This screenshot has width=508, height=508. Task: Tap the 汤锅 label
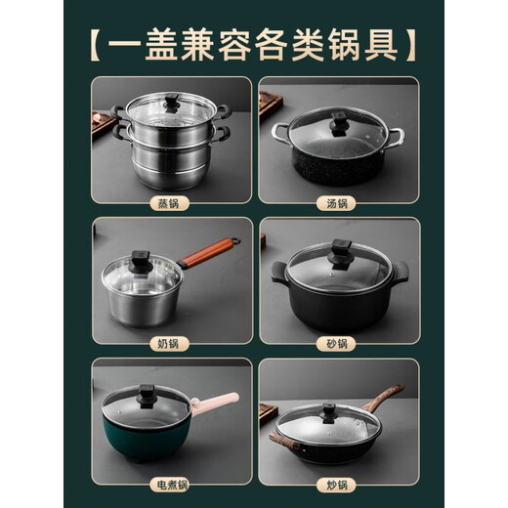[x=336, y=203]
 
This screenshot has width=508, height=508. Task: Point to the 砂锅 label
[x=336, y=344]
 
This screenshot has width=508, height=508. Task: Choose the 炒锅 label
[x=336, y=485]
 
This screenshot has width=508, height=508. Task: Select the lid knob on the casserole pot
[x=342, y=250]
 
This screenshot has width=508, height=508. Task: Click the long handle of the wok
[x=387, y=399]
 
